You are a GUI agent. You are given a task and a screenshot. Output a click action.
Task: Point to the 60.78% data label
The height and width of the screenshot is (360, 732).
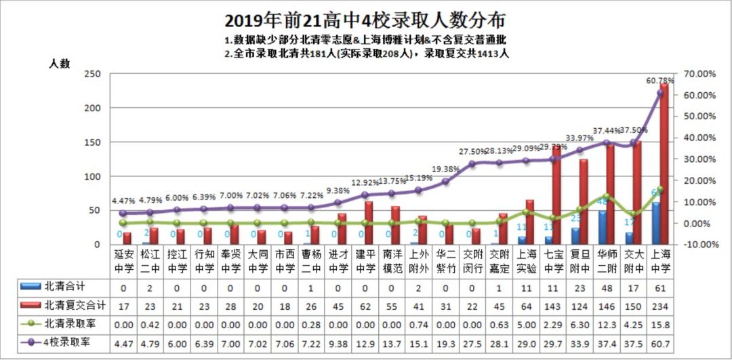(659, 81)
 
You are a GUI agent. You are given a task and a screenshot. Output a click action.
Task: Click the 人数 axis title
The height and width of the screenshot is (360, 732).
(59, 63)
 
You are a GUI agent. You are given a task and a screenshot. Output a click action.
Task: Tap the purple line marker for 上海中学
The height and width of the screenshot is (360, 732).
(659, 93)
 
